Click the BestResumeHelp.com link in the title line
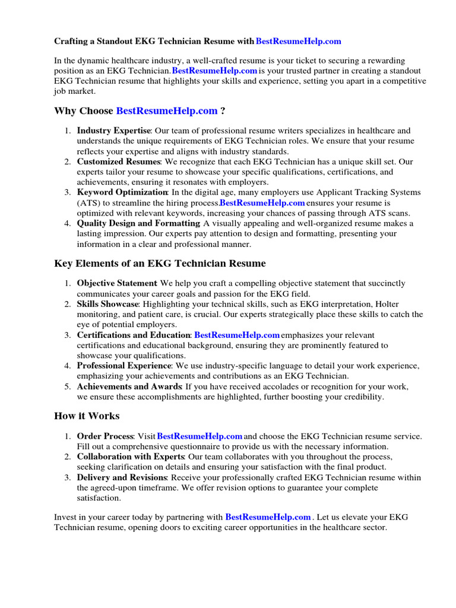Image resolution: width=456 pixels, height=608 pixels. click(299, 41)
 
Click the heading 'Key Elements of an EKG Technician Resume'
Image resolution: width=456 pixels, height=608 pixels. click(160, 263)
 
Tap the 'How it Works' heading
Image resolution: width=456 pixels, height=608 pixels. click(87, 416)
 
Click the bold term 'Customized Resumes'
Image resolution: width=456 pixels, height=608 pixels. click(118, 161)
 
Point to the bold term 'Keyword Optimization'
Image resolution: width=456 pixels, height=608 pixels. click(122, 192)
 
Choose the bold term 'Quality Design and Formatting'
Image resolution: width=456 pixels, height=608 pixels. click(138, 223)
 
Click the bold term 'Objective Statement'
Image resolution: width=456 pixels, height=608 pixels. click(117, 283)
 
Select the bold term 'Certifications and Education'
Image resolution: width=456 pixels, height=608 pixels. click(134, 335)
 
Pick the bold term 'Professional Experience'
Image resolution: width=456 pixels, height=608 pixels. click(124, 366)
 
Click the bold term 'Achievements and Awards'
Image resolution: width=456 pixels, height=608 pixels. click(129, 387)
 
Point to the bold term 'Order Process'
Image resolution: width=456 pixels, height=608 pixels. click(105, 436)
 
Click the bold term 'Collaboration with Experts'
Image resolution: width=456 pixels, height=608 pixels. click(131, 457)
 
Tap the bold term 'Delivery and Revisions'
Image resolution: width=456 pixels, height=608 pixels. click(122, 477)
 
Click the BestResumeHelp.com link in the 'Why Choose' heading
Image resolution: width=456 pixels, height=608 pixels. click(167, 110)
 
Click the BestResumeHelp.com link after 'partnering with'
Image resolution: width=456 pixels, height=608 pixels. click(268, 517)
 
